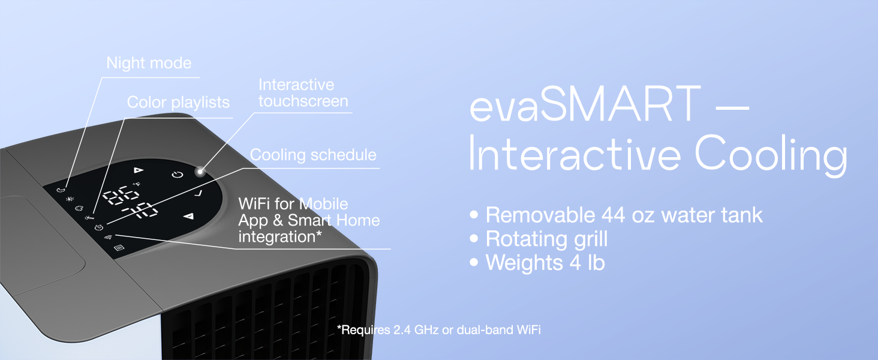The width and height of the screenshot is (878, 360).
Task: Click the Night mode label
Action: [x=149, y=63]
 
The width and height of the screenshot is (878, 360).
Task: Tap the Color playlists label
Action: [x=178, y=103]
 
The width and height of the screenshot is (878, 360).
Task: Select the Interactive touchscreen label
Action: [x=303, y=93]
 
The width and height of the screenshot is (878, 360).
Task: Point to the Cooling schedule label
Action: [x=313, y=155]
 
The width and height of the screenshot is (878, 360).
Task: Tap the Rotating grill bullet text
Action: [x=546, y=239]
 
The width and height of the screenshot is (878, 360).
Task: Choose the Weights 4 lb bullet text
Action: [x=545, y=263]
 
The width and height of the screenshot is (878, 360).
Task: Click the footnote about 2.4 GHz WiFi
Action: [x=438, y=329]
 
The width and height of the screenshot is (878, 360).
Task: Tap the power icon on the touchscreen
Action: [x=176, y=175]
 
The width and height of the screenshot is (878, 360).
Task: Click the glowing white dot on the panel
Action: [x=199, y=172]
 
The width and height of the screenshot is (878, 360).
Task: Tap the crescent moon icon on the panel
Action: [x=60, y=189]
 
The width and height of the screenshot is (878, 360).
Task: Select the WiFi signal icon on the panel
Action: [x=109, y=237]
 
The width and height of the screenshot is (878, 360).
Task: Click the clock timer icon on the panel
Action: [x=99, y=227]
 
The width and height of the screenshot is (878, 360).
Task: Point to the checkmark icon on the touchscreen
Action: [x=199, y=193]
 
